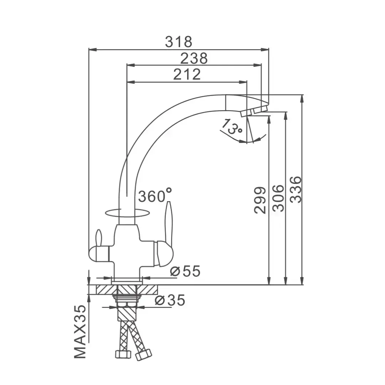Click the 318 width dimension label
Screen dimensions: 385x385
click(179, 42)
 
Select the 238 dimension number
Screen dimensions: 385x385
click(194, 58)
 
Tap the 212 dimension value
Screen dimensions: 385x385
click(187, 74)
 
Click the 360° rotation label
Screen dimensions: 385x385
click(155, 195)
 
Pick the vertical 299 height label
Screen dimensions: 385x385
click(260, 200)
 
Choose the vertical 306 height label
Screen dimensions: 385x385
click(278, 199)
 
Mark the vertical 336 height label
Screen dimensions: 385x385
click(296, 189)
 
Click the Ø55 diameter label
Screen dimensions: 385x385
click(185, 271)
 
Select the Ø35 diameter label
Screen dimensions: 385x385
click(170, 300)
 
